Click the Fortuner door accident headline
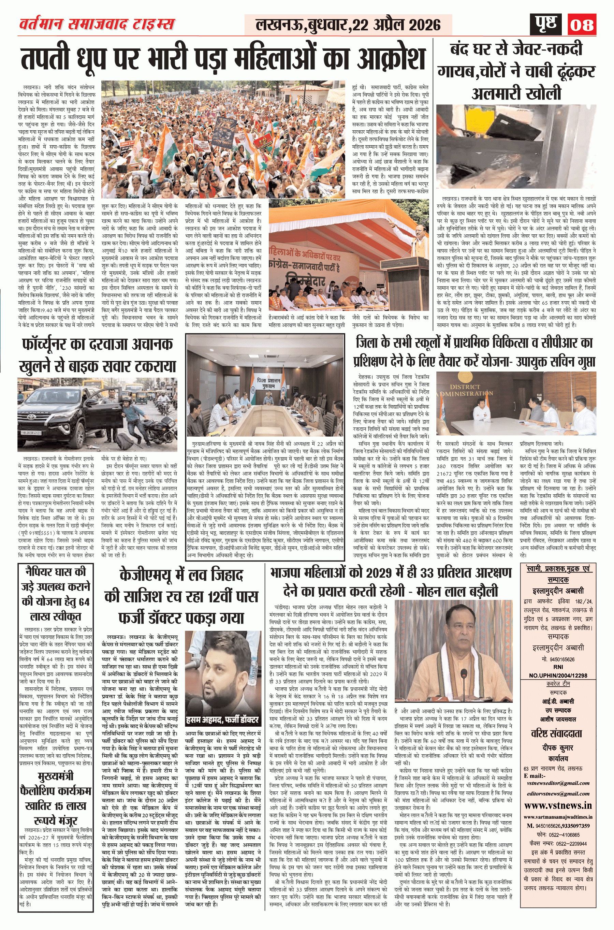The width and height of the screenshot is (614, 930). click(97, 355)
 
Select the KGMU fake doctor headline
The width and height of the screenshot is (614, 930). click(181, 596)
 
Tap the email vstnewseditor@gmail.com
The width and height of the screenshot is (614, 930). click(558, 783)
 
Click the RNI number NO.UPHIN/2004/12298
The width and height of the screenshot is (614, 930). click(558, 675)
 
